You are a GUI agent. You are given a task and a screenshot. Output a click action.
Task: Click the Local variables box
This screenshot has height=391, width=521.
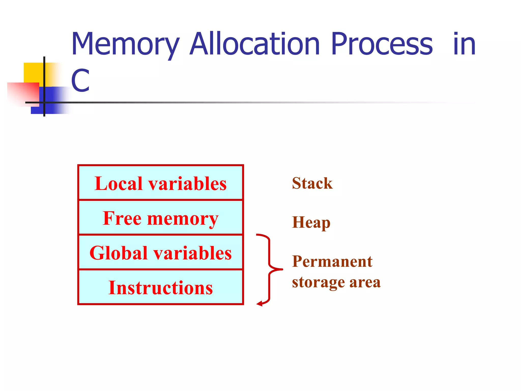coord(161,183)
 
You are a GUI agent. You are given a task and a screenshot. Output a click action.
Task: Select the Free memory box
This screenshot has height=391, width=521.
coord(161,218)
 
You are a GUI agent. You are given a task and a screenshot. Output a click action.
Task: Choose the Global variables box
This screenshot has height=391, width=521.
coord(161,252)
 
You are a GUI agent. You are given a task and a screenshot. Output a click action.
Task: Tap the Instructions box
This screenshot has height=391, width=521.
coord(161,287)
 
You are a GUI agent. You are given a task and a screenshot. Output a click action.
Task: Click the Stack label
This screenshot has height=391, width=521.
coord(312,183)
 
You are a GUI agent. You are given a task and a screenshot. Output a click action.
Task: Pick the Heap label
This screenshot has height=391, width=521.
coord(311,222)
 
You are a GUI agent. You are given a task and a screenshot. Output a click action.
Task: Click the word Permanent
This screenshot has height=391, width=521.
coord(332,261)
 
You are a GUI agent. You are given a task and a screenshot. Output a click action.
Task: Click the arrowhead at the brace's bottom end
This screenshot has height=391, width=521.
coord(259,303)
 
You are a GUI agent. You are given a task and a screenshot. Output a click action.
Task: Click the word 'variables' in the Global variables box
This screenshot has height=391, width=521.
coord(193,253)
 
